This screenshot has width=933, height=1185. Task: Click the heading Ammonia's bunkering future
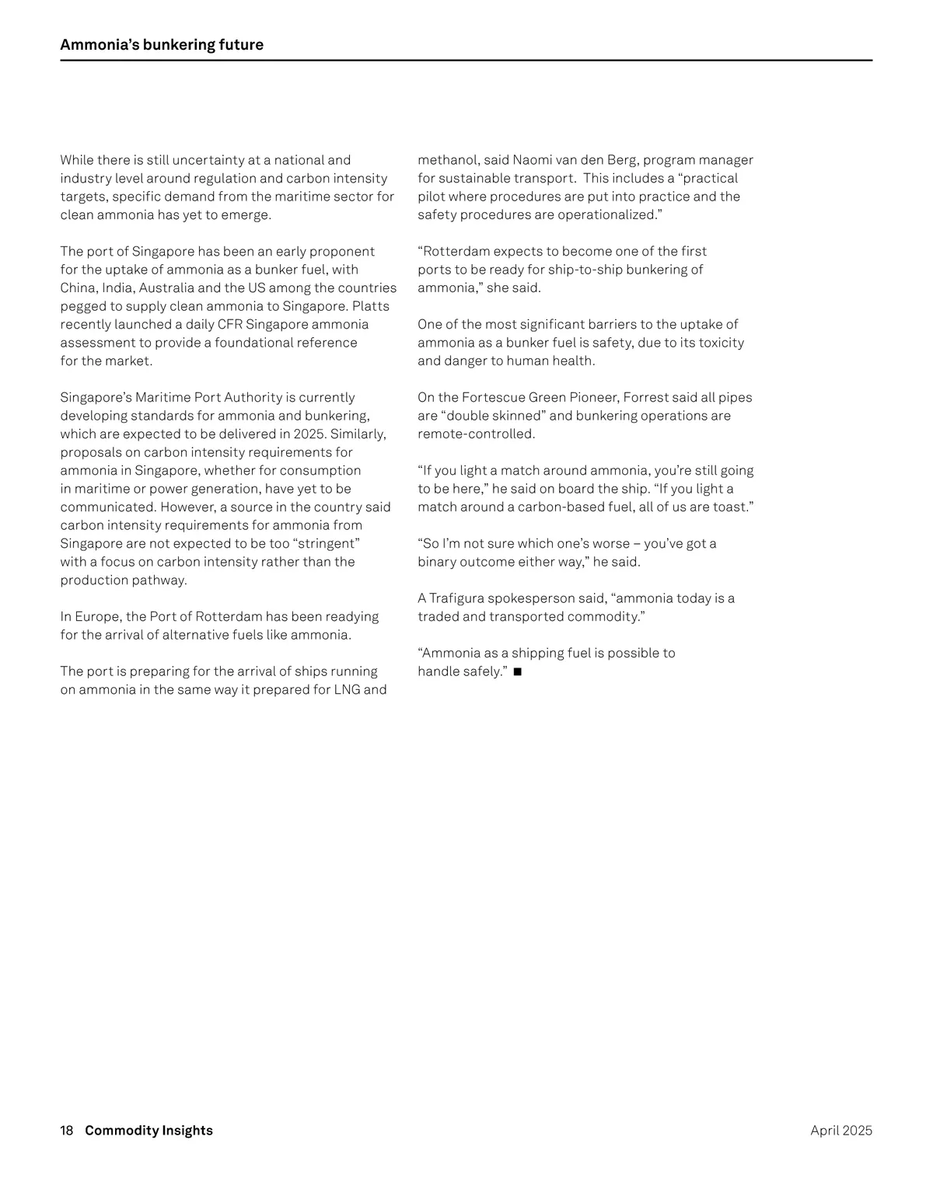coord(162,45)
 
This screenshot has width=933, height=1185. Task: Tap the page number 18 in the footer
coord(67,1131)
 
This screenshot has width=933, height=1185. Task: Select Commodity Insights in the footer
coord(149,1131)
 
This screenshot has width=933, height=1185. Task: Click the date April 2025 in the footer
coord(840,1131)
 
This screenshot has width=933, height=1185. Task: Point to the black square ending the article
coord(518,671)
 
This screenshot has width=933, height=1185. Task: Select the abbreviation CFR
coord(230,325)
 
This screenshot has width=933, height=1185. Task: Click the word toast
coord(732,507)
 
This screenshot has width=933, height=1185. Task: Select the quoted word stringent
coord(327,544)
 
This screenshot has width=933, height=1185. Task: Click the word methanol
coord(447,160)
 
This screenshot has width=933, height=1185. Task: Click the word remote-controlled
coord(476,434)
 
